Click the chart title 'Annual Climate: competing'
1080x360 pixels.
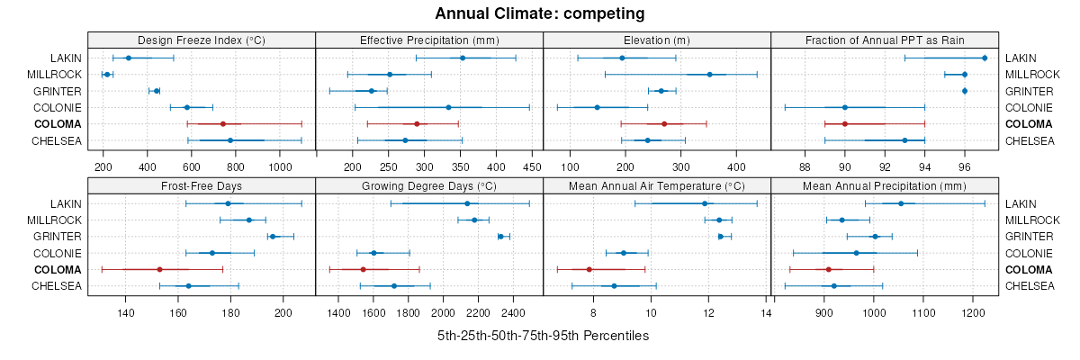539,13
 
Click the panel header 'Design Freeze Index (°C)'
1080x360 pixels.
202,40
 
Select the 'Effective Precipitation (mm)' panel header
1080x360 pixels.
429,40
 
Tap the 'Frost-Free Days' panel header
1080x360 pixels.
202,186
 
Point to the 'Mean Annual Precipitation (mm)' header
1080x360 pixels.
885,186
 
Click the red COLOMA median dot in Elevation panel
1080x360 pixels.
664,123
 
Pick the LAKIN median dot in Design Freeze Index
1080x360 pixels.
129,58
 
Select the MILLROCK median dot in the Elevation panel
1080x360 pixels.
710,75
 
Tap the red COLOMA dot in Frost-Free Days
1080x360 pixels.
159,269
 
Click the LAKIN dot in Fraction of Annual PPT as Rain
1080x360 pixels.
985,58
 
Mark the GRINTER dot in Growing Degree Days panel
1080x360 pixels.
501,237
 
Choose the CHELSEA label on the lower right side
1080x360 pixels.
1030,286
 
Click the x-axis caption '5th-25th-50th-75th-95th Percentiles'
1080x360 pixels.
543,336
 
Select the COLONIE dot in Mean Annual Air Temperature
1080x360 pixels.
623,253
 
